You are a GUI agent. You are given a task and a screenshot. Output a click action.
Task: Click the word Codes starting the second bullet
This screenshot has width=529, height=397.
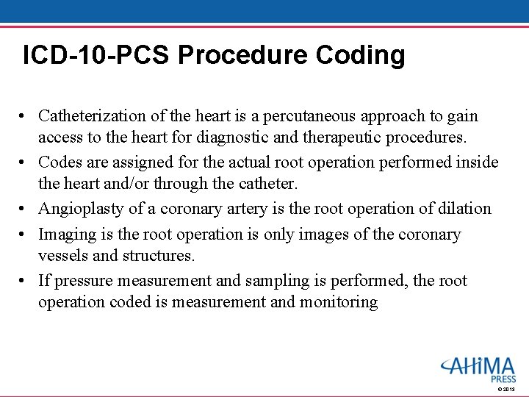click(60, 162)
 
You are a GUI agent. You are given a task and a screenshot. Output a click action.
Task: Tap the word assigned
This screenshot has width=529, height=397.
click(135, 162)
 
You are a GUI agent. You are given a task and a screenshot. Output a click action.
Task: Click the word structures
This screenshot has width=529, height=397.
click(158, 255)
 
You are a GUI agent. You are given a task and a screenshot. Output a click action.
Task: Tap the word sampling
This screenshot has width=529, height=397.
click(287, 281)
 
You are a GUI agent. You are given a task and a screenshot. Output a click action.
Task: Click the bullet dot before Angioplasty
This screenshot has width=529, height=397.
click(24, 210)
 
